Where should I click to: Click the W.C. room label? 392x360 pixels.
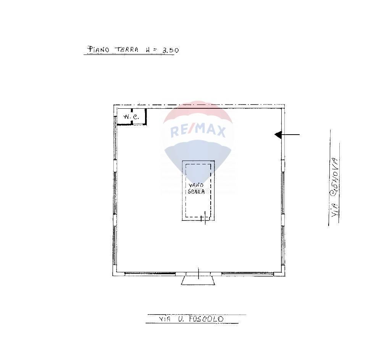coord(131,116)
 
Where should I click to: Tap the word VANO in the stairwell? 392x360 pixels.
coord(196,185)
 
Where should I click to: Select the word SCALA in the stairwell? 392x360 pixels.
coord(196,191)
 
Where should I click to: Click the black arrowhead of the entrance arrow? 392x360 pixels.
coord(278,135)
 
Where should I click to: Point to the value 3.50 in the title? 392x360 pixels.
coord(171,50)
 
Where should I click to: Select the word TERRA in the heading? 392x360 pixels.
coord(126,50)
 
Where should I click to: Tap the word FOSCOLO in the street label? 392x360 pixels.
coord(206,319)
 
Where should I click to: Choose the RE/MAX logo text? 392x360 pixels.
coord(198,131)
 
